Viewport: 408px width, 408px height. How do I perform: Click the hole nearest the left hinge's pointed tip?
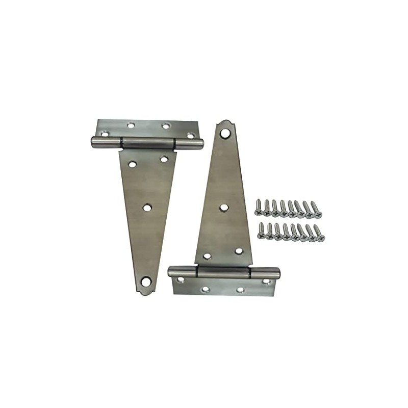pyautogui.click(x=146, y=280)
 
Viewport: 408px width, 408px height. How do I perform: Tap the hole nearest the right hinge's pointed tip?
pyautogui.click(x=225, y=134)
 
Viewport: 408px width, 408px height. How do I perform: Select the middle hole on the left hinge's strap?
pyautogui.click(x=147, y=208)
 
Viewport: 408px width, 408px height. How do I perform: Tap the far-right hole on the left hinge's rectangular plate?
pyautogui.click(x=190, y=136)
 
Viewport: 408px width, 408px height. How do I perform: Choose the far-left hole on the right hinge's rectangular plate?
pyautogui.click(x=180, y=280)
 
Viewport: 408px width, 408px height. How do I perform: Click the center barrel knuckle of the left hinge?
pyautogui.click(x=148, y=143)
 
